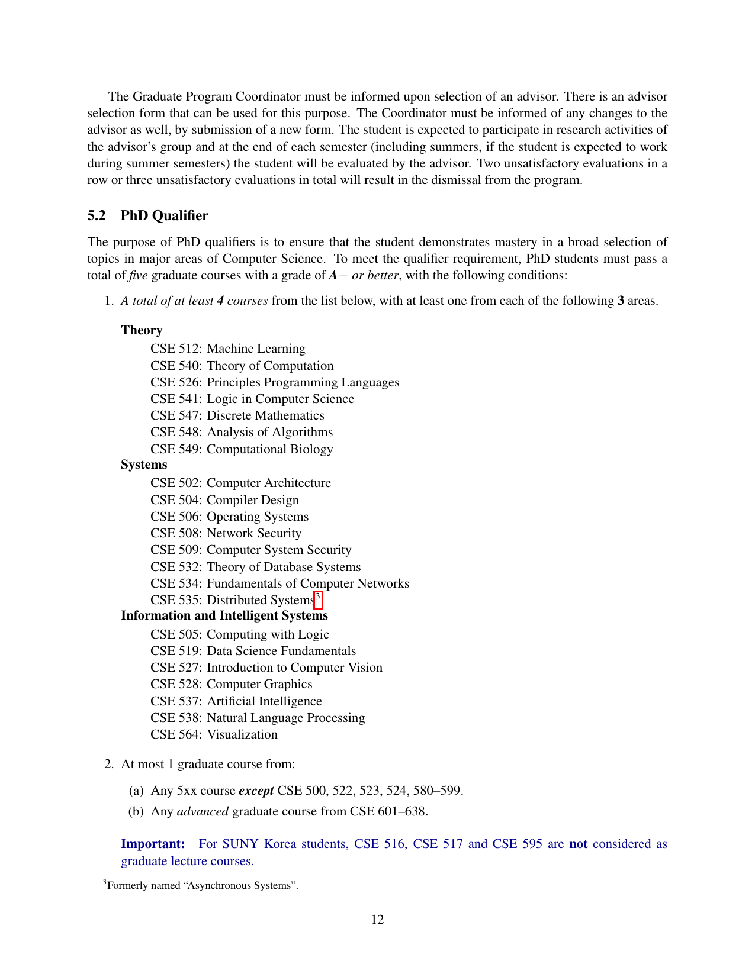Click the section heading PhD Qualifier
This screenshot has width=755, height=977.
[164, 215]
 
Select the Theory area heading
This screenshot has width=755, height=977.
[142, 330]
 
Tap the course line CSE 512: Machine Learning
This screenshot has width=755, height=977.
[227, 349]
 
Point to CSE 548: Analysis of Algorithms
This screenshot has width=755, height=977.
[241, 432]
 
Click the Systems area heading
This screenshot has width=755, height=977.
[144, 465]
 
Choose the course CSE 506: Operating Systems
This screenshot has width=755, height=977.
[229, 517]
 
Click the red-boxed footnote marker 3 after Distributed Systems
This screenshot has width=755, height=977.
[318, 598]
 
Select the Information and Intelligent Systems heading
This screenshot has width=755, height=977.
[224, 615]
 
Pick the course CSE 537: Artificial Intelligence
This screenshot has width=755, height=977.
[236, 701]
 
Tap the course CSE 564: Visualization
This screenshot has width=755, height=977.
[214, 734]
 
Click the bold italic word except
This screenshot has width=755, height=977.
[256, 791]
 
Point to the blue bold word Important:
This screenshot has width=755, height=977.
[153, 844]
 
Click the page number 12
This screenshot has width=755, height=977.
[377, 919]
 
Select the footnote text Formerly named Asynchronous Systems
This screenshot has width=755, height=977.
[203, 886]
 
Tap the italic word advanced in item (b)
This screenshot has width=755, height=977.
[203, 811]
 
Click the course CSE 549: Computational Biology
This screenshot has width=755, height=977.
[242, 449]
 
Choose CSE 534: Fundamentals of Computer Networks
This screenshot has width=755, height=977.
[279, 583]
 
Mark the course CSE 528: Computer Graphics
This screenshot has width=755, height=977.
[231, 684]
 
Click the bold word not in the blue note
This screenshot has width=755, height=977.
[578, 844]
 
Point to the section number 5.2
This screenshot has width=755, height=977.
[97, 215]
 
